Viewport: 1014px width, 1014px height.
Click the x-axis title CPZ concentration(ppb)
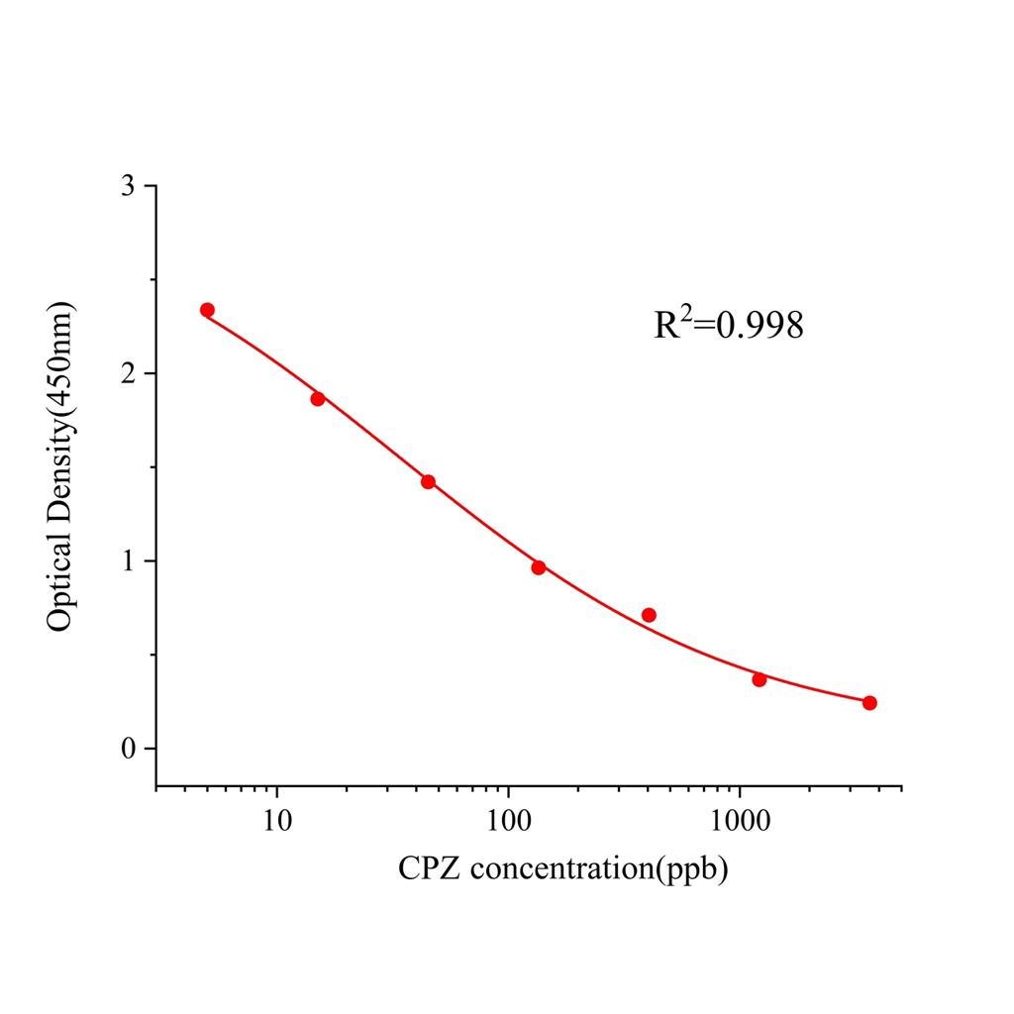tap(562, 869)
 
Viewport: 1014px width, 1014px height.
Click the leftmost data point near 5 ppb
tap(207, 310)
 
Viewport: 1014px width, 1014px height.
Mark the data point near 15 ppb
tap(318, 399)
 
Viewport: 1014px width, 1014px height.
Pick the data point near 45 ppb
tap(428, 482)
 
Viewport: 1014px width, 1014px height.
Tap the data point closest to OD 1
tap(539, 567)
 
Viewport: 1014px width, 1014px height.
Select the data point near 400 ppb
tap(649, 615)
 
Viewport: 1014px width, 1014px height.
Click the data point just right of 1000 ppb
tap(760, 679)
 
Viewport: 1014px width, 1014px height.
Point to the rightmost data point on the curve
tap(869, 703)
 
